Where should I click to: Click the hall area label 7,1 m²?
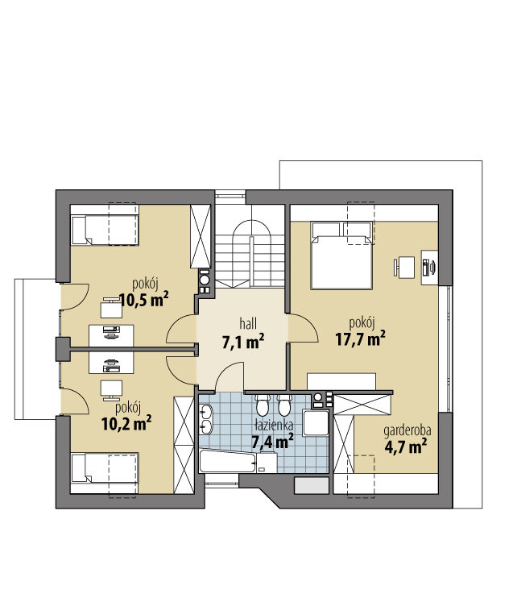click(x=243, y=342)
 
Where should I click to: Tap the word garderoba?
click(x=407, y=430)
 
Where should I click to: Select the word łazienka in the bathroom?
click(x=274, y=425)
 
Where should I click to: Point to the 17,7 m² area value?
click(x=360, y=338)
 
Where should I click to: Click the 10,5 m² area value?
click(x=144, y=300)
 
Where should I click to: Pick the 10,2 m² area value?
click(x=126, y=423)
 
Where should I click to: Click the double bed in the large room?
click(x=341, y=255)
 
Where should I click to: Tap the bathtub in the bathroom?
click(x=238, y=462)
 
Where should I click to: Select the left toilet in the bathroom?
click(x=263, y=405)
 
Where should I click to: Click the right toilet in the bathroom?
click(x=283, y=405)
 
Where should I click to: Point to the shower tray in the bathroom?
click(x=316, y=423)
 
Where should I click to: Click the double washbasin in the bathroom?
click(x=205, y=419)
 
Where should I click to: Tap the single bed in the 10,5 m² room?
click(x=105, y=230)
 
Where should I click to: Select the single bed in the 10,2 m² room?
click(x=105, y=468)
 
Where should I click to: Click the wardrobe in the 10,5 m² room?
click(x=201, y=236)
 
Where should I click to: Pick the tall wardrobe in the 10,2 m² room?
click(x=184, y=445)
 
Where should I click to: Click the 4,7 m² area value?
click(x=405, y=446)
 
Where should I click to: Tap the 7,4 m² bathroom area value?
click(x=272, y=442)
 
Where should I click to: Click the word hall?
click(x=248, y=324)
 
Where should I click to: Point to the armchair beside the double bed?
click(x=403, y=268)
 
